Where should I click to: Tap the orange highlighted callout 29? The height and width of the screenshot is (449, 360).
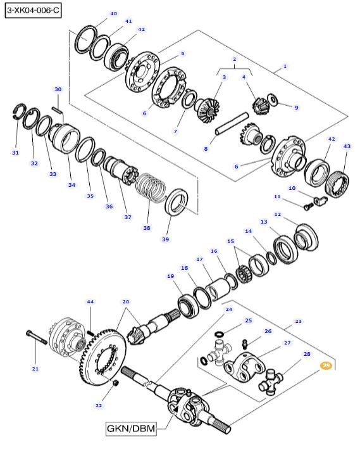326,366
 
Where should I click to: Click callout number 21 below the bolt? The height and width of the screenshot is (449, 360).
35,369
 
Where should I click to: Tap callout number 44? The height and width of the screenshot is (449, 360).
90,302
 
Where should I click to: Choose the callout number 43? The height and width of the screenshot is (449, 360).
346,146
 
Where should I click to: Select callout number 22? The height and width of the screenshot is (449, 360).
98,405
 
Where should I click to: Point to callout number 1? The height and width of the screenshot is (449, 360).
285,66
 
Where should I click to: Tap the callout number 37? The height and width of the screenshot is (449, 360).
128,217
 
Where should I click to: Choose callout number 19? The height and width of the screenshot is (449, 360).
170,276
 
